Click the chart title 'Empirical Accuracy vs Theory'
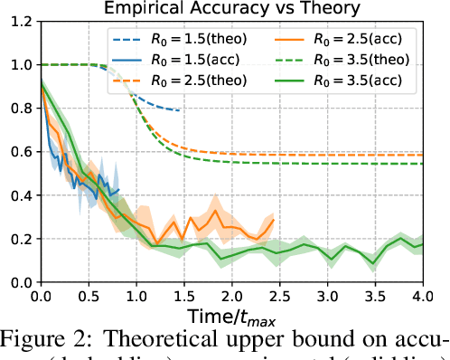point(231,10)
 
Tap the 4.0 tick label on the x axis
point(422,296)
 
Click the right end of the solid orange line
point(272,220)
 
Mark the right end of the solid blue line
point(117,190)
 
